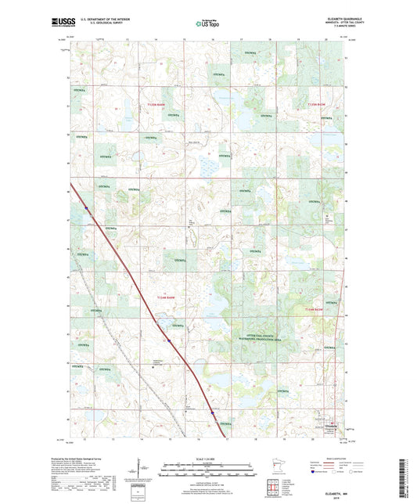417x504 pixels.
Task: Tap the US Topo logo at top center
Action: coord(206,24)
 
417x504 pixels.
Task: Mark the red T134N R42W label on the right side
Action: coord(314,312)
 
